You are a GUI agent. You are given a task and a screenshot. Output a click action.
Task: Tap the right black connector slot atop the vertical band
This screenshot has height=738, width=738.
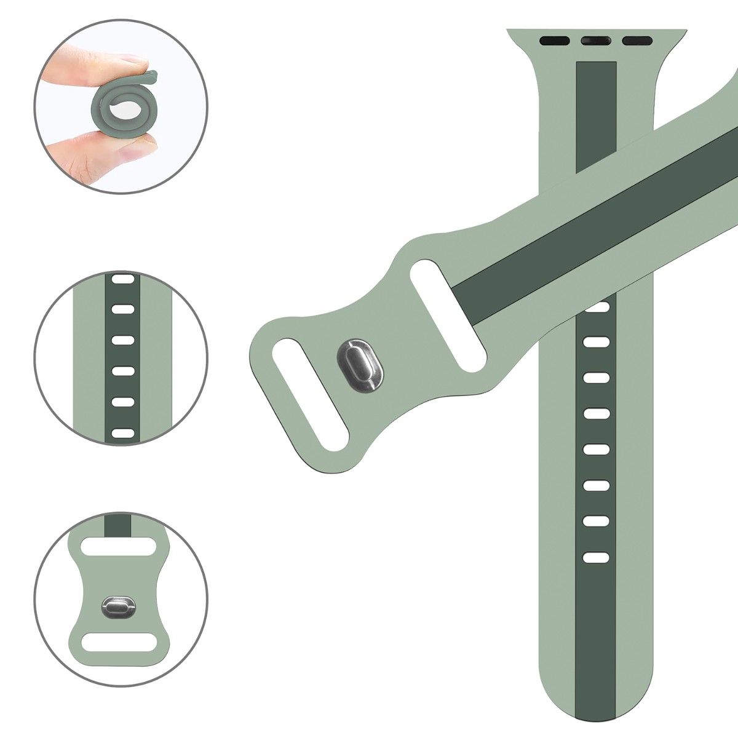coord(637,42)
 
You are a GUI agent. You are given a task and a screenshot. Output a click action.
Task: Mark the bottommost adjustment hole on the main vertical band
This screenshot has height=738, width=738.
coord(595,558)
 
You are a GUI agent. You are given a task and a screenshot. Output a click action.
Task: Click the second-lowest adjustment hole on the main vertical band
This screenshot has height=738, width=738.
coord(595,521)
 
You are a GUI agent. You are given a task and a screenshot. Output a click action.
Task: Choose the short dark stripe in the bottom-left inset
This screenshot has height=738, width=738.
coord(117,525)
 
